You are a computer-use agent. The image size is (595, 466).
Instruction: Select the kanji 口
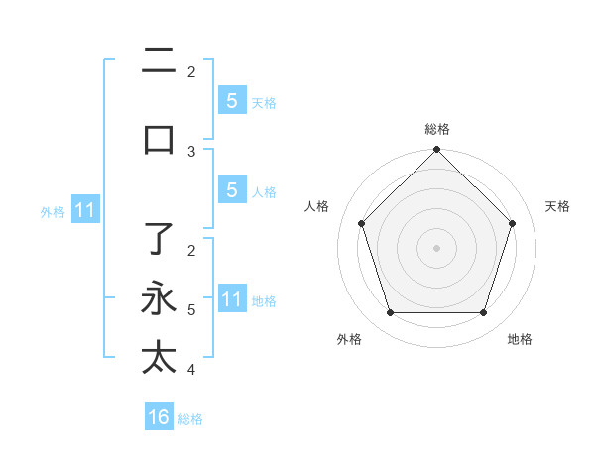tap(160, 139)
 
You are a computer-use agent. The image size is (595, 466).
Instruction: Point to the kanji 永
tap(160, 299)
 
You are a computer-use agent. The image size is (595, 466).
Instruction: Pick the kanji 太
tap(160, 357)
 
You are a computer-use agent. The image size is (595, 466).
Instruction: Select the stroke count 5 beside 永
tap(191, 309)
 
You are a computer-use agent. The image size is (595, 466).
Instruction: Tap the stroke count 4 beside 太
tap(191, 370)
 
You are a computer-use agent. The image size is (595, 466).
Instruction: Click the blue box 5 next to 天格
tap(231, 100)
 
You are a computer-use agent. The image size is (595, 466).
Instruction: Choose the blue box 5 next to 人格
tap(231, 190)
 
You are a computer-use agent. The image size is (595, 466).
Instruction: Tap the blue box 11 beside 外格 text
tap(84, 210)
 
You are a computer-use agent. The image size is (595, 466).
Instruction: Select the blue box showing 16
tap(159, 417)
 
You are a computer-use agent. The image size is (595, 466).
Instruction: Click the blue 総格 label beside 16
tap(191, 419)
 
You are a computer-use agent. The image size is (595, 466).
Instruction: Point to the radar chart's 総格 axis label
tap(437, 129)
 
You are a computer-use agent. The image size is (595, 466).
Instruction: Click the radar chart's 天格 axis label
tap(557, 206)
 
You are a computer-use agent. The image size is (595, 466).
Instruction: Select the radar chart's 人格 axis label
tap(317, 206)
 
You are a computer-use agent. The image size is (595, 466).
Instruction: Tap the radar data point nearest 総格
tap(437, 151)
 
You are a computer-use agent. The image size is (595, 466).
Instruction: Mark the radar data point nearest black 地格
tap(484, 313)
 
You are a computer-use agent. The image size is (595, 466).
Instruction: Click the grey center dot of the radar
tap(437, 247)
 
